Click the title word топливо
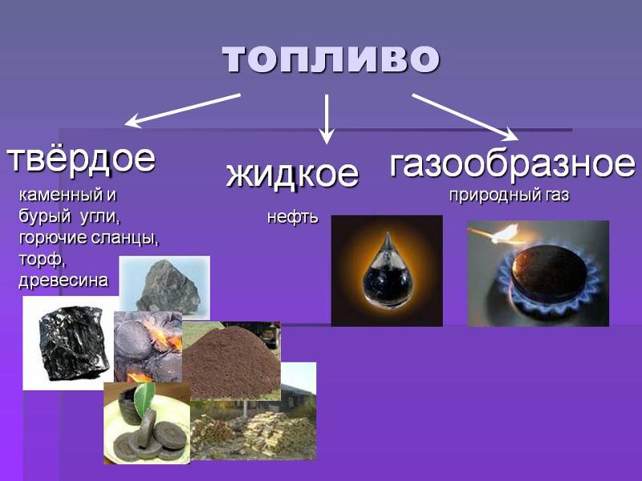tap(331, 58)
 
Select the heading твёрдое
tap(80, 158)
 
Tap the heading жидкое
tap(292, 173)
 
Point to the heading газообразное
tap(512, 164)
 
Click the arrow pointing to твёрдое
tap(183, 110)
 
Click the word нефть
tap(292, 217)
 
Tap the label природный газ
tap(509, 196)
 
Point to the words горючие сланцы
tap(88, 238)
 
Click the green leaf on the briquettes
tap(144, 395)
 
